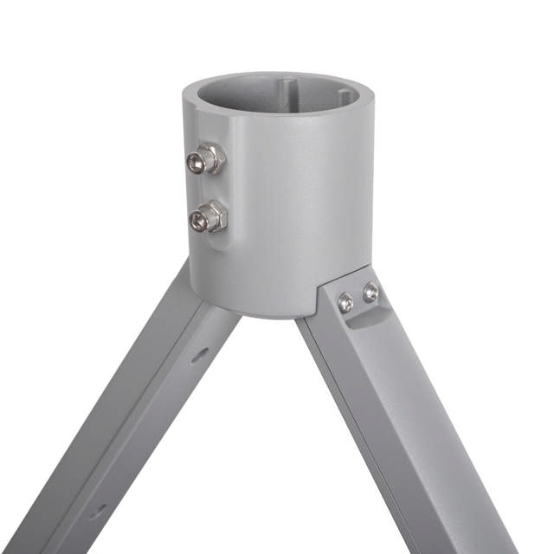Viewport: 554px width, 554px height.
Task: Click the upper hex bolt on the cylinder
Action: click(x=206, y=159)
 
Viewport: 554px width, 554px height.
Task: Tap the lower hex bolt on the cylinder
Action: click(x=208, y=216)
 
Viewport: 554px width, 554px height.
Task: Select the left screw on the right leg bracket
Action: click(x=345, y=301)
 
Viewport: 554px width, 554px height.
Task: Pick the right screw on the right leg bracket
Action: click(x=370, y=293)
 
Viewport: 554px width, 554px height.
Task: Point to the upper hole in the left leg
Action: click(x=200, y=353)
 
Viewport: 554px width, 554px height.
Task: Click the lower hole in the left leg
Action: click(x=101, y=511)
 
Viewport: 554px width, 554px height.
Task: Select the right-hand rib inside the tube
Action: click(x=345, y=96)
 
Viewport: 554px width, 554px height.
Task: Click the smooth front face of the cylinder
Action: click(x=294, y=208)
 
